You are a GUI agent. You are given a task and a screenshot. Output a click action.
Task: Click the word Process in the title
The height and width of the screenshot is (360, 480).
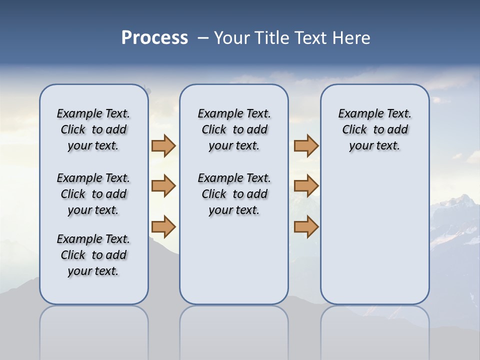tap(154, 38)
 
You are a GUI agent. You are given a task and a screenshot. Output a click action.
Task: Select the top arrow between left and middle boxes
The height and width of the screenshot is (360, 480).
tap(163, 145)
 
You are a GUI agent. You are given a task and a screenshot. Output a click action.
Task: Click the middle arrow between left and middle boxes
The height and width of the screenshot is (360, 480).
tap(163, 186)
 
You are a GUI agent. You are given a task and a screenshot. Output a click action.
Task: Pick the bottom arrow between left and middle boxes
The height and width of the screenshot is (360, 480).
tap(163, 226)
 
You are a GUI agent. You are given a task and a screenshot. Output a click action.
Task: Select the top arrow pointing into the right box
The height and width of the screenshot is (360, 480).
tap(306, 145)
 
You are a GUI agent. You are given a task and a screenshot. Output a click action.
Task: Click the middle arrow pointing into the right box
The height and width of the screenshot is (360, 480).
tap(306, 186)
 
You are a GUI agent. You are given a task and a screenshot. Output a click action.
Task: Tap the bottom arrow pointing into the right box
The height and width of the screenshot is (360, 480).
tap(306, 226)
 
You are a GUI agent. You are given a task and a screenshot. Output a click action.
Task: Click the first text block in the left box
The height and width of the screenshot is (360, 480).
tap(93, 129)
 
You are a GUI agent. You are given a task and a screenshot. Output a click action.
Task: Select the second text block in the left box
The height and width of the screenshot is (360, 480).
tap(93, 194)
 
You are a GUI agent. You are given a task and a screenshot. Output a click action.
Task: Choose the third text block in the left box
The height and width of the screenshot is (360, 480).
tap(93, 255)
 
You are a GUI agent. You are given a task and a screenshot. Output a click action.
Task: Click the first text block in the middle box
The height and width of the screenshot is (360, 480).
tap(234, 129)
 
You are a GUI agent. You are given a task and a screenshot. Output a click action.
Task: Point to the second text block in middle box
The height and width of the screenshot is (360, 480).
tap(234, 194)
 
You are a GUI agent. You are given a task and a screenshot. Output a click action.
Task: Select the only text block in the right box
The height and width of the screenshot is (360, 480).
tap(374, 129)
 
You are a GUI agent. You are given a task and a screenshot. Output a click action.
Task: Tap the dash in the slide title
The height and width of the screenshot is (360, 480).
tap(202, 38)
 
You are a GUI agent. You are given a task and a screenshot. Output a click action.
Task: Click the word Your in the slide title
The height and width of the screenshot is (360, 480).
tap(232, 38)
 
